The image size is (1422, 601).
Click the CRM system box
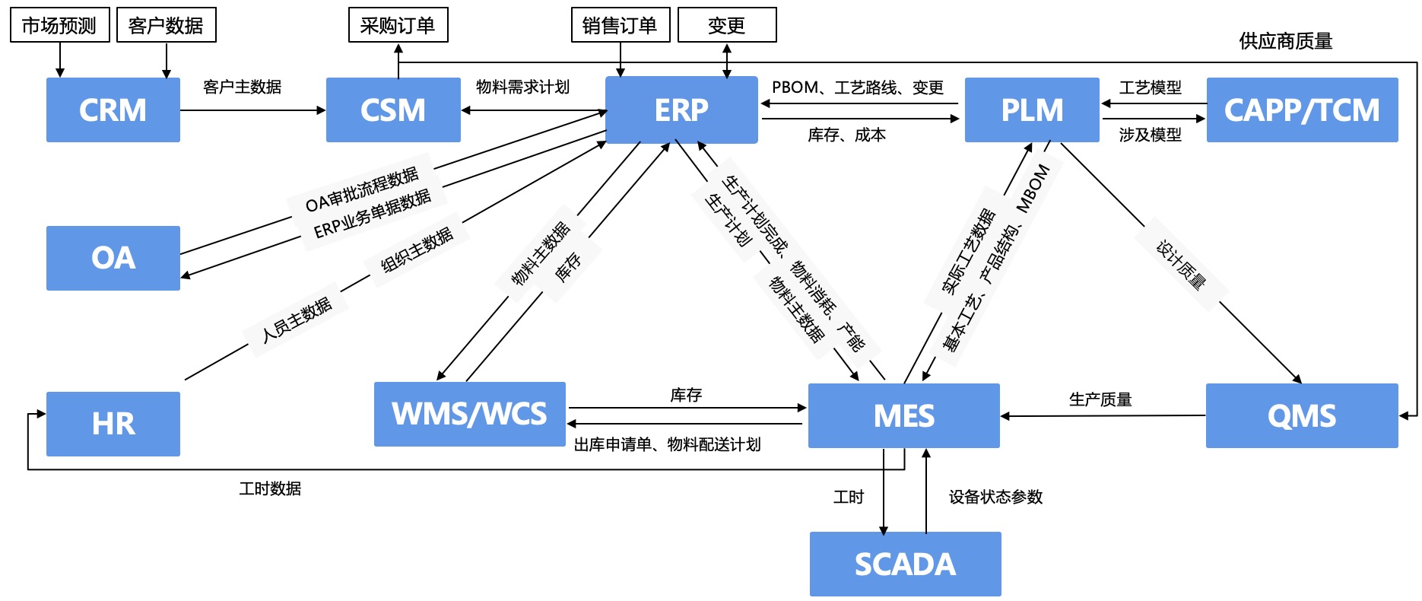pos(113,110)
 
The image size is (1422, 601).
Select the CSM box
pos(393,110)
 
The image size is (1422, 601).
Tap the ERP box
pos(681,110)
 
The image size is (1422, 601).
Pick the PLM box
pos(1032,110)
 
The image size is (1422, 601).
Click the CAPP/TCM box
pos(1302,110)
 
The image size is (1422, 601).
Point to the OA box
pos(113,258)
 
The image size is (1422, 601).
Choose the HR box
pos(113,424)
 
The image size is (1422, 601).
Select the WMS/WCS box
pos(469,414)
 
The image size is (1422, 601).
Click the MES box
pos(903,415)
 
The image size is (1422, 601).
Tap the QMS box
pos(1301,415)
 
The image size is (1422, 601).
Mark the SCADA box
pos(905,564)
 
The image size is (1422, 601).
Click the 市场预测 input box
pos(59,25)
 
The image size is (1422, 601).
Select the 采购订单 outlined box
pos(398,25)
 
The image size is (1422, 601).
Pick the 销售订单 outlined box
pos(620,25)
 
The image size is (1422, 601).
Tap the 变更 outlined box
pos(726,25)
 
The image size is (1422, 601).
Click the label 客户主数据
pos(242,87)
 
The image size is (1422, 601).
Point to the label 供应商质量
pos(1285,41)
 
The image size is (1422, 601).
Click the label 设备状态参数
pos(995,497)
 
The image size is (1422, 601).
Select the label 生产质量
pos(1100,399)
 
